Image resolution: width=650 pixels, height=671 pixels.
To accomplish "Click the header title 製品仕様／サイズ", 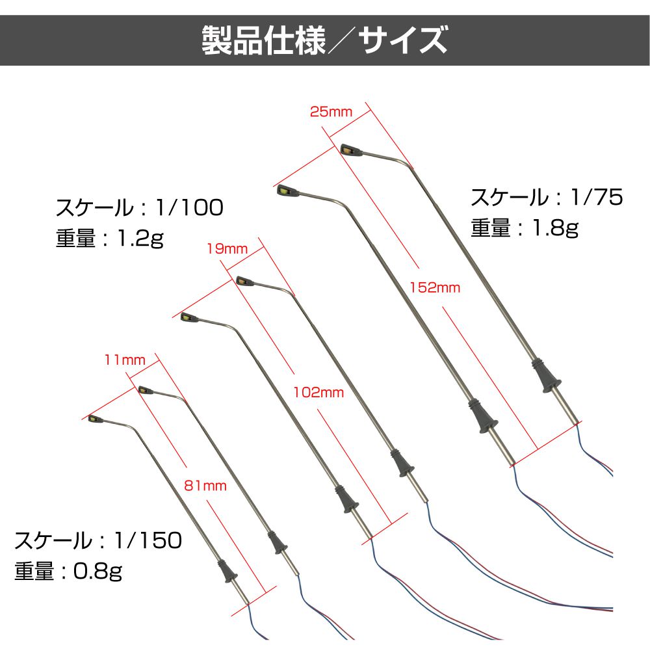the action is point(325,40).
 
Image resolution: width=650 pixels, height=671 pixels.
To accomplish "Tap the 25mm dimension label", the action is point(331,112).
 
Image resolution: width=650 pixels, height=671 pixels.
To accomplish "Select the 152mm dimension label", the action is point(435,287).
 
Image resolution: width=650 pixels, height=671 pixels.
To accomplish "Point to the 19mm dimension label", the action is point(227,248).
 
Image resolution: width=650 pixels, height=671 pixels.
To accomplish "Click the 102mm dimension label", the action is point(318,392).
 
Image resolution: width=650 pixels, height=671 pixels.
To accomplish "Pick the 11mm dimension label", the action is point(125,360).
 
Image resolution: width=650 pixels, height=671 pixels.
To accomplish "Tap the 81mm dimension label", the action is point(205,485).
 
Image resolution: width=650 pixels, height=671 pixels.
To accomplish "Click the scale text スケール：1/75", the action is point(547,197).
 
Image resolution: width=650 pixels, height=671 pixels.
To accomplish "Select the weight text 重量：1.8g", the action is point(525,228).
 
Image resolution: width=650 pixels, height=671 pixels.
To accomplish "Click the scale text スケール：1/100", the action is point(140,207).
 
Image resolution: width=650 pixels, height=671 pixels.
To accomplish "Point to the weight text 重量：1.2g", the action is point(110,238).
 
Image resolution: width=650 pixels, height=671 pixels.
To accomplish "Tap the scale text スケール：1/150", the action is point(98,540).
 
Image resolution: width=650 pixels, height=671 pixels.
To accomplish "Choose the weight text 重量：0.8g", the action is point(68,571).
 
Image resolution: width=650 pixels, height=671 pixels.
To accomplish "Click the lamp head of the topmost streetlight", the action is point(351,150).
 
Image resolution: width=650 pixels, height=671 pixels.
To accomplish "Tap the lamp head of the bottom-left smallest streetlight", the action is point(95,419).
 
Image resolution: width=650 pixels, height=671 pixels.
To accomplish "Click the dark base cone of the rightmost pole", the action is point(547,376).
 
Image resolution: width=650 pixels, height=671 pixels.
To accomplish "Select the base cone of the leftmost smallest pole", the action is point(227,571).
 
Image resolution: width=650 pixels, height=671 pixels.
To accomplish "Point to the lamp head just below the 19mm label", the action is point(245,281).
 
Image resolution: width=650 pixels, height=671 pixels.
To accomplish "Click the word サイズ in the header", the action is point(403,40).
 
